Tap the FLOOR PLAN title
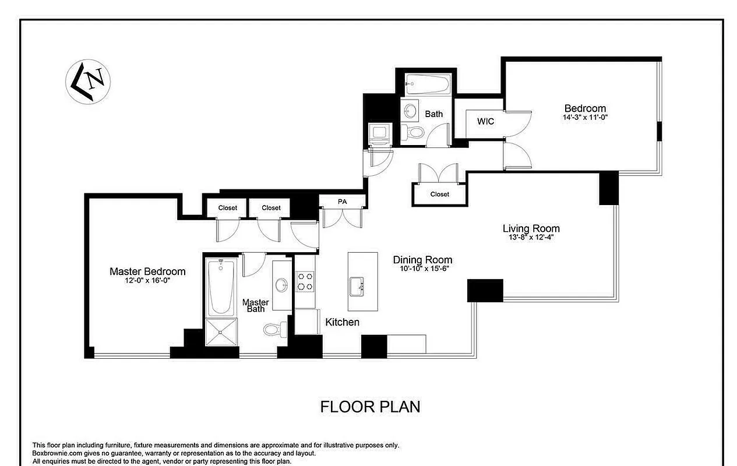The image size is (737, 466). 370,406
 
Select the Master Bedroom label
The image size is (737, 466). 147,271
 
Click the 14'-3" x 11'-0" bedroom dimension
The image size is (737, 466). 585,117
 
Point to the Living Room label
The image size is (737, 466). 531,229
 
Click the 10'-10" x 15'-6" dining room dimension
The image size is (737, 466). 422,269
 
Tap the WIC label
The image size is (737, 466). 485,122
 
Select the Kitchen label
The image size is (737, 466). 342,322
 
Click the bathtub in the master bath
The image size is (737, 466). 221,287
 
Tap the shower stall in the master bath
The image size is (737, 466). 221,334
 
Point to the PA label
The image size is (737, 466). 342,202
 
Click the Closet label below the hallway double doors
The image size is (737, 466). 439,194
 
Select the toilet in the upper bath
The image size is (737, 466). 415,132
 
